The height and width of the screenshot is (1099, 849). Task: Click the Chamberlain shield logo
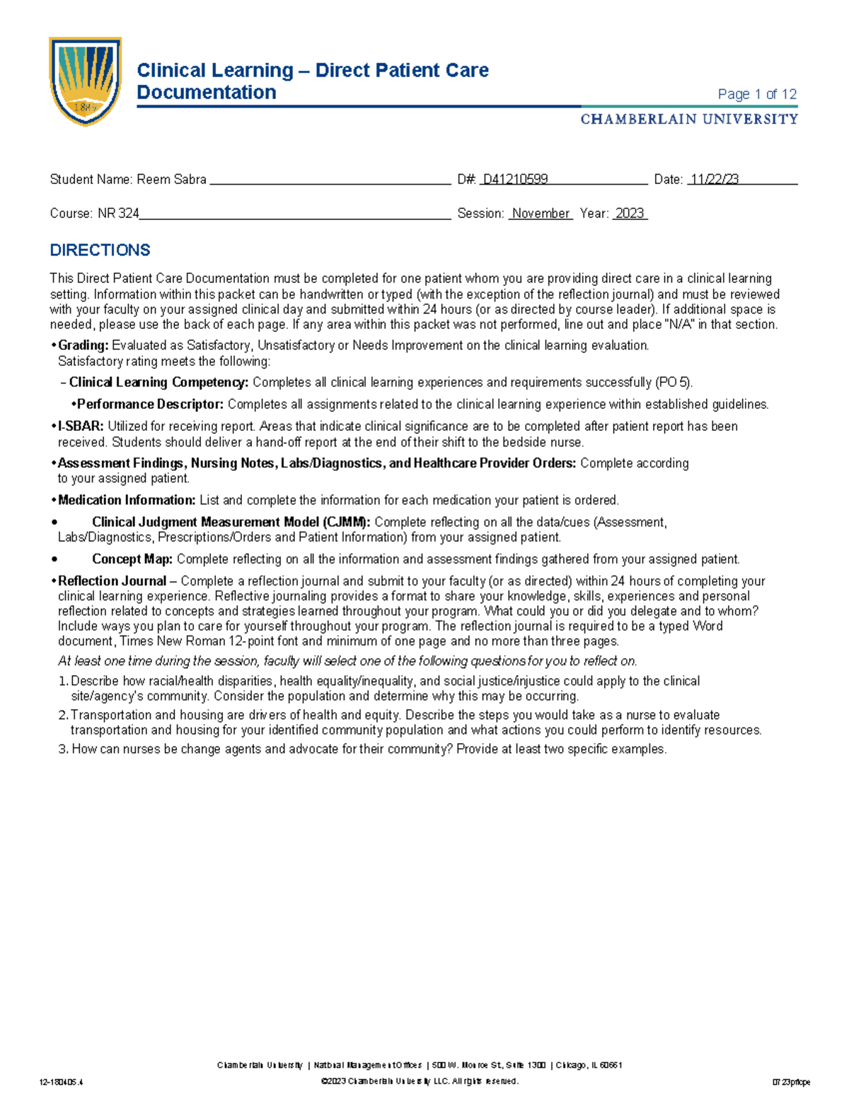[x=85, y=81]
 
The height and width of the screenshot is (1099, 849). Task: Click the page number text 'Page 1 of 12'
[x=757, y=94]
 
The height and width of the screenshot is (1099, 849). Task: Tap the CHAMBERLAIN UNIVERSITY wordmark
[x=689, y=119]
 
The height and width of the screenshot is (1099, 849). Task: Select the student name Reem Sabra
[x=171, y=180]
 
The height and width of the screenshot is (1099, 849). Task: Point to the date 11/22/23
[x=715, y=180]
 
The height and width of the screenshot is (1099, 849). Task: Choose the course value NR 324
[x=118, y=214]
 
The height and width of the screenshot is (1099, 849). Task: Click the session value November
[x=541, y=214]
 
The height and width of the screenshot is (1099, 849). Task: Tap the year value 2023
[x=630, y=214]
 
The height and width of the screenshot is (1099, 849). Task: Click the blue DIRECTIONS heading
[x=100, y=251]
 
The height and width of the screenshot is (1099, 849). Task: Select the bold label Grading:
[x=83, y=346]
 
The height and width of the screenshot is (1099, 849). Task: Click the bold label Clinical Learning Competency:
[x=158, y=383]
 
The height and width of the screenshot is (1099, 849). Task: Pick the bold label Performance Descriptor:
[x=150, y=405]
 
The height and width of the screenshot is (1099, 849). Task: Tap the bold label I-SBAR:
[x=81, y=427]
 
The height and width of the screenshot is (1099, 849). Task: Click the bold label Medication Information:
[x=127, y=500]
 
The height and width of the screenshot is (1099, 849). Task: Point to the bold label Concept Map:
[x=132, y=559]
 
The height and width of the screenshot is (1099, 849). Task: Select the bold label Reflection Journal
[x=112, y=581]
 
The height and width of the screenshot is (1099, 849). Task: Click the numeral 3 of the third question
[x=62, y=749]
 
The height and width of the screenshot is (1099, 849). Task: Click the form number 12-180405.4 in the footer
[x=62, y=1082]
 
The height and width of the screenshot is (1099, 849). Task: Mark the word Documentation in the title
[x=206, y=93]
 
